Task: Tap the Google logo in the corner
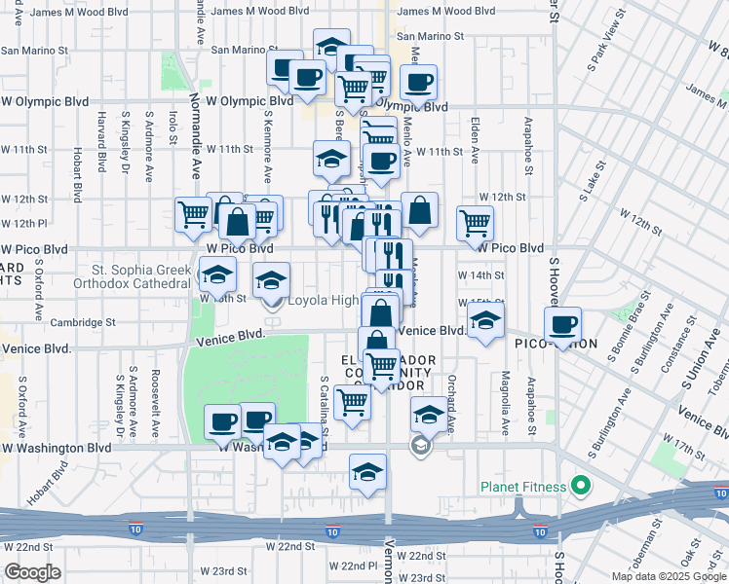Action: click(33, 572)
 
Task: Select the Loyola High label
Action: click(323, 301)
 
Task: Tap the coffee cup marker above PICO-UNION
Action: click(562, 325)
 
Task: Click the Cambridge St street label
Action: click(82, 322)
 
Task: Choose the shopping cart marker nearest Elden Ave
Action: click(475, 222)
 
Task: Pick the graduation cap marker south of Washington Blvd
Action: click(367, 473)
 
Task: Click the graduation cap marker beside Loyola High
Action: click(271, 281)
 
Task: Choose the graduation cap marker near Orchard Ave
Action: click(428, 415)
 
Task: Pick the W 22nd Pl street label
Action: click(353, 566)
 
